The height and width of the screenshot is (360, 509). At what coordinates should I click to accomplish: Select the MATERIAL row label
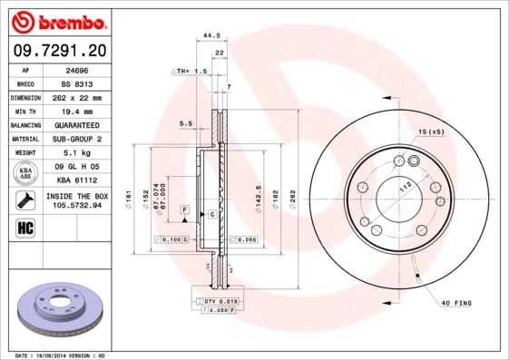coord(25,139)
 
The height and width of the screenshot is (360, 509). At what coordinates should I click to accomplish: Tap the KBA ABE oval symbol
coord(26,173)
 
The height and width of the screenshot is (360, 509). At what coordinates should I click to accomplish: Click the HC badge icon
coord(25,227)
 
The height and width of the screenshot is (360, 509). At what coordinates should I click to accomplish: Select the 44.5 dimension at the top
coord(211,35)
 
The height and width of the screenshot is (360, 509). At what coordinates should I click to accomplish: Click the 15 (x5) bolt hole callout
coord(432,132)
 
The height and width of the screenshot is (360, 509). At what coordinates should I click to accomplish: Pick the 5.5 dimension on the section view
coord(185,123)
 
